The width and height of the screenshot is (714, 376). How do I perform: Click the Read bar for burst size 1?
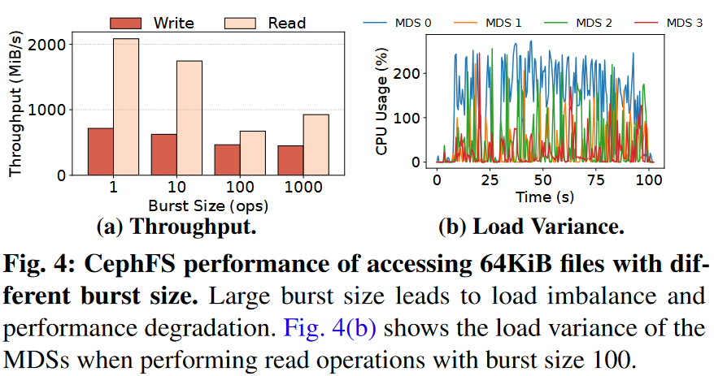click(125, 106)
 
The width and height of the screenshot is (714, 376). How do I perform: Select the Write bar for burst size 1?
click(100, 151)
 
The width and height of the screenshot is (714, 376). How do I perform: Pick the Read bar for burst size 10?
click(189, 118)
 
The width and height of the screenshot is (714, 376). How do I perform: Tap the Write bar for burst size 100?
click(227, 159)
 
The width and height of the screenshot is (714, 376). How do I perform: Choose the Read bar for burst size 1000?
click(316, 145)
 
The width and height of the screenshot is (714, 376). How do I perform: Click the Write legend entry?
click(163, 22)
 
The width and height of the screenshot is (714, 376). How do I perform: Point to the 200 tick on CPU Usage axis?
click(411, 73)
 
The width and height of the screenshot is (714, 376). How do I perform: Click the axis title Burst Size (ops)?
click(207, 205)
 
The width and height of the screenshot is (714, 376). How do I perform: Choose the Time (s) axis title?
click(545, 197)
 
